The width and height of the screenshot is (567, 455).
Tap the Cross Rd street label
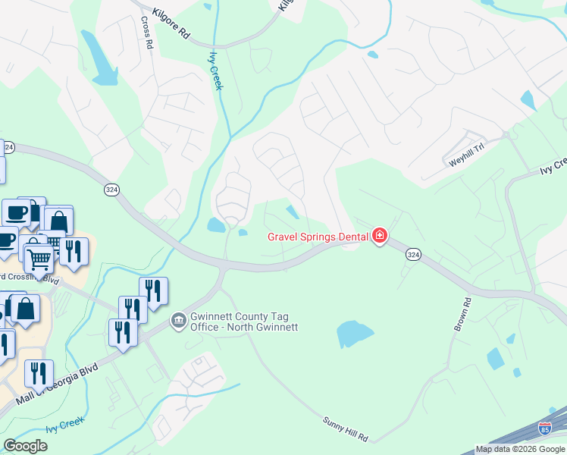pyautogui.click(x=148, y=33)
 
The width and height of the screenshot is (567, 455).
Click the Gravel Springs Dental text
pyautogui.click(x=318, y=237)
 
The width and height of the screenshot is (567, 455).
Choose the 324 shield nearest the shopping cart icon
pyautogui.click(x=111, y=189)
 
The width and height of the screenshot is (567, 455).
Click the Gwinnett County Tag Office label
pyautogui.click(x=244, y=322)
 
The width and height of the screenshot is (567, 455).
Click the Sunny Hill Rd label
pyautogui.click(x=345, y=428)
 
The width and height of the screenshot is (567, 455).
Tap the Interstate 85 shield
pyautogui.click(x=545, y=429)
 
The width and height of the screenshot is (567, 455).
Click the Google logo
pyautogui.click(x=25, y=446)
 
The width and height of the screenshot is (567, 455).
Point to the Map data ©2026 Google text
pyautogui.click(x=520, y=450)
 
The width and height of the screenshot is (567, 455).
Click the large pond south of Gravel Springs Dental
pyautogui.click(x=354, y=332)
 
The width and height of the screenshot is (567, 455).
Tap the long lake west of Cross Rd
pyautogui.click(x=99, y=57)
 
